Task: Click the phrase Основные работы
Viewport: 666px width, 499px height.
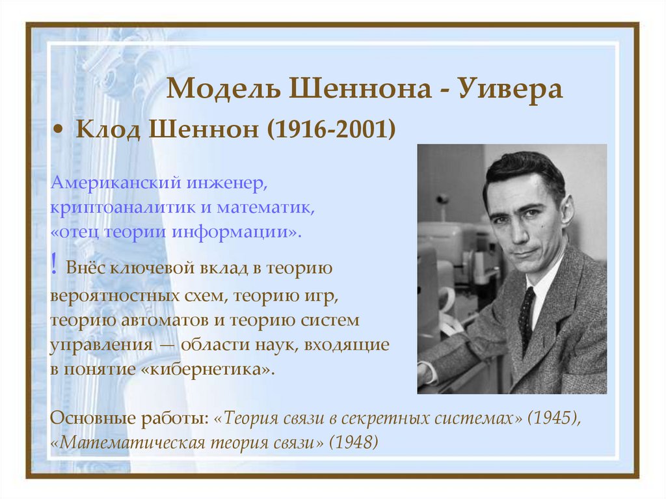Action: click(x=129, y=418)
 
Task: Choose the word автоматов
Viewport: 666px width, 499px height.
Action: click(x=165, y=321)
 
